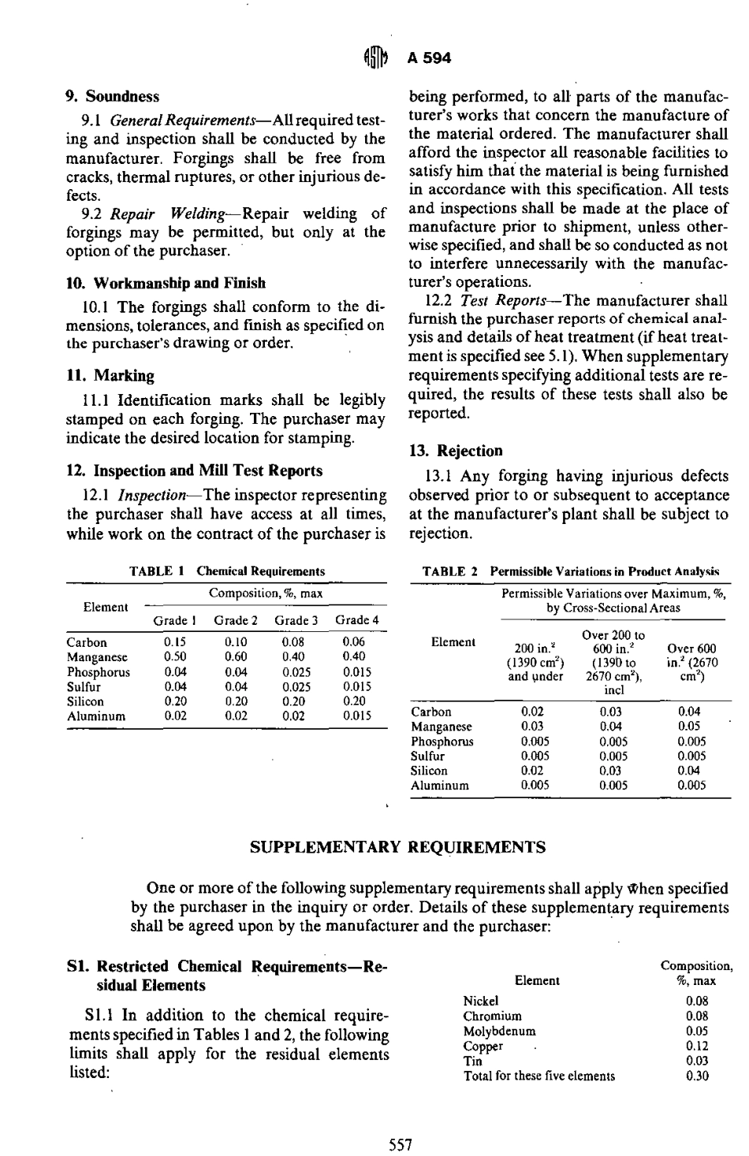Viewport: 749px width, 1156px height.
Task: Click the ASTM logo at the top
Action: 373,57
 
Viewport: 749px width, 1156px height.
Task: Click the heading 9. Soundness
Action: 112,97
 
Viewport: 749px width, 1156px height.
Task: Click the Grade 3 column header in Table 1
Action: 296,620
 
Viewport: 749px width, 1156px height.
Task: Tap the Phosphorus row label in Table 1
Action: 99,672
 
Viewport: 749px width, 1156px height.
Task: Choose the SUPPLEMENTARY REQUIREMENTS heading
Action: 397,848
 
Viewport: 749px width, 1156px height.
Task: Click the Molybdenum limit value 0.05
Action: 696,1031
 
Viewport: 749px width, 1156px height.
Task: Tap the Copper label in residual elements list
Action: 483,1046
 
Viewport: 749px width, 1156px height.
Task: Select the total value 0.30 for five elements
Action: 696,1076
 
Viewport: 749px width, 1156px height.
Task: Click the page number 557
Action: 401,1145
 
